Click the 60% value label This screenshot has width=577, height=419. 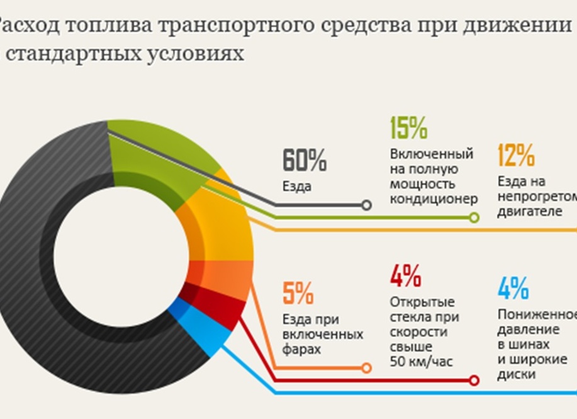pos(305,161)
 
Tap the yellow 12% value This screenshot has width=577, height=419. pos(516,154)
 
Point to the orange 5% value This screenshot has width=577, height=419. pos(298,293)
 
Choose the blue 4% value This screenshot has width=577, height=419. pos(513,289)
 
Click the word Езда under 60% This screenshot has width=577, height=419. pos(297,187)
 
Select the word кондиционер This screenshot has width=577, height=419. pos(434,199)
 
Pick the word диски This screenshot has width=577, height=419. pos(516,374)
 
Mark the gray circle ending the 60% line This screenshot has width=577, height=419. pos(367,205)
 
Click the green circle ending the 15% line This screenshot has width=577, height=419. pos(474,218)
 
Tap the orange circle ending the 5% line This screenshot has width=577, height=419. pos(367,368)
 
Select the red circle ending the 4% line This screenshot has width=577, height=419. pos(474,381)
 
